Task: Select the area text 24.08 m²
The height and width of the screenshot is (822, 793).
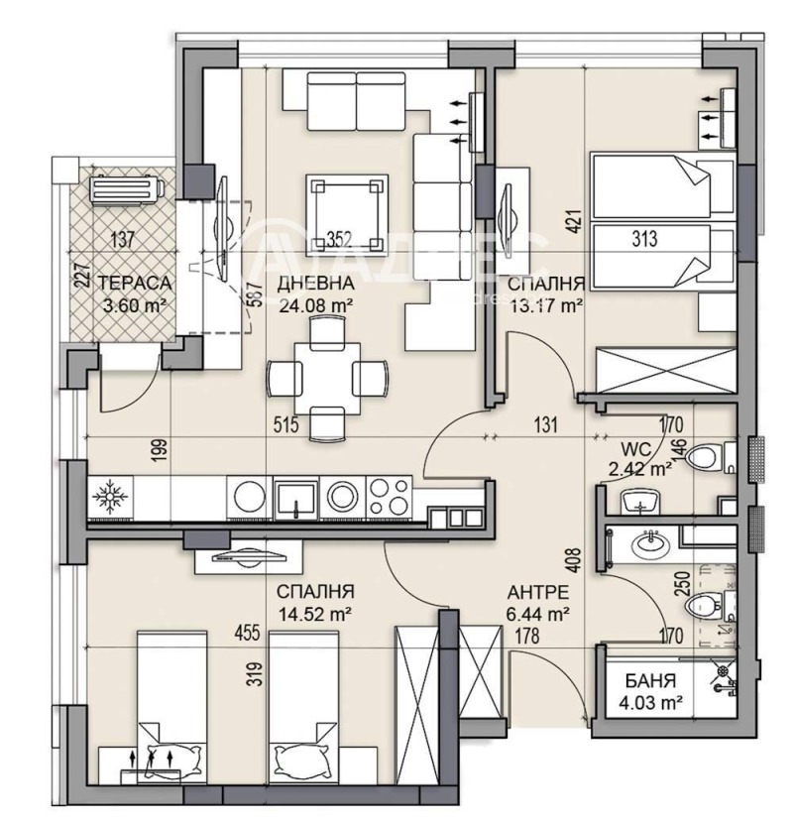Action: click(x=317, y=304)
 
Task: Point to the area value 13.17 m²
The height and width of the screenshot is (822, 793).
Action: click(x=545, y=306)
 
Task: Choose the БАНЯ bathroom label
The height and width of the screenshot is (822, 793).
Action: click(x=650, y=682)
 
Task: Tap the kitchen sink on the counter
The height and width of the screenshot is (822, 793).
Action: click(x=295, y=495)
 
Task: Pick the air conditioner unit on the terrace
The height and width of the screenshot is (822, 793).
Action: click(x=124, y=188)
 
